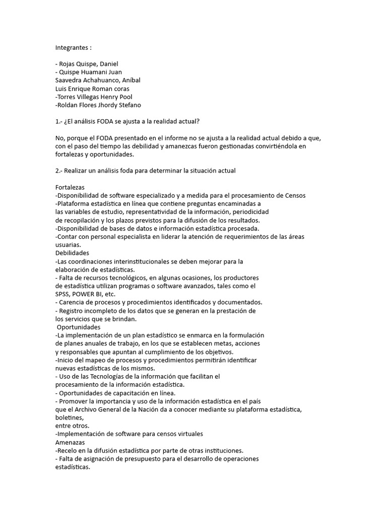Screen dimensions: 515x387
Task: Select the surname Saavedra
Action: coord(69,80)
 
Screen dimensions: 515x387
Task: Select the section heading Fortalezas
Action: coord(70,187)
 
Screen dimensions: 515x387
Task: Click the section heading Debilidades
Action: coord(72,253)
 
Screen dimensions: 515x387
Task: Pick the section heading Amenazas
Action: coord(71,442)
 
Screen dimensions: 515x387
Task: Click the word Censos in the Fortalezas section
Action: coord(295,195)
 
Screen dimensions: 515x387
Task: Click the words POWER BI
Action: coord(87,294)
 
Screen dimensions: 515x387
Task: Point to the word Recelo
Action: coord(68,450)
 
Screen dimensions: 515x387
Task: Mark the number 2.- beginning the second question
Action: coord(58,170)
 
